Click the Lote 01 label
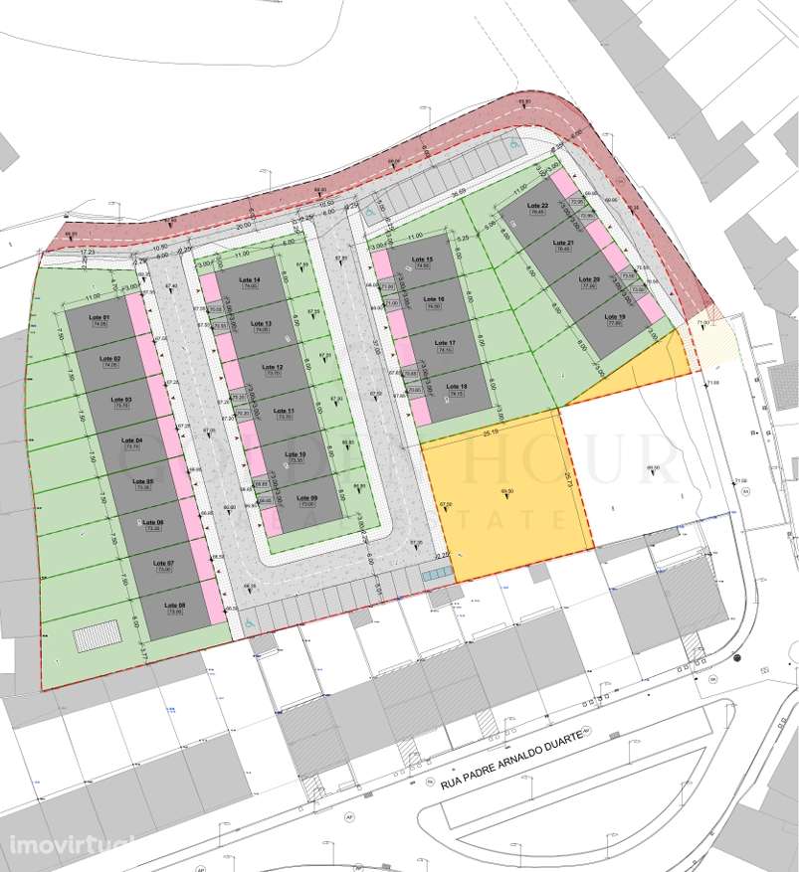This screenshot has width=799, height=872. [x=99, y=317]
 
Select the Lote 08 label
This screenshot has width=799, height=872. [x=174, y=605]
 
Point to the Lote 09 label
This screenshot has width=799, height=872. [x=307, y=498]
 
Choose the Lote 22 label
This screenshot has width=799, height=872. [x=538, y=206]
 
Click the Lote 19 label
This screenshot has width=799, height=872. [x=614, y=317]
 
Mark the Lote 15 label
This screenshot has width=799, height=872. [x=422, y=260]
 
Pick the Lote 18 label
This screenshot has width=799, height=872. [x=457, y=387]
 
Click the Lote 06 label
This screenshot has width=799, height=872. [x=153, y=522]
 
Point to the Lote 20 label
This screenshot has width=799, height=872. [x=589, y=280]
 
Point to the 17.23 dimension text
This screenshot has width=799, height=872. [x=86, y=255]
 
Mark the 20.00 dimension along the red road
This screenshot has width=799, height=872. [x=244, y=226]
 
